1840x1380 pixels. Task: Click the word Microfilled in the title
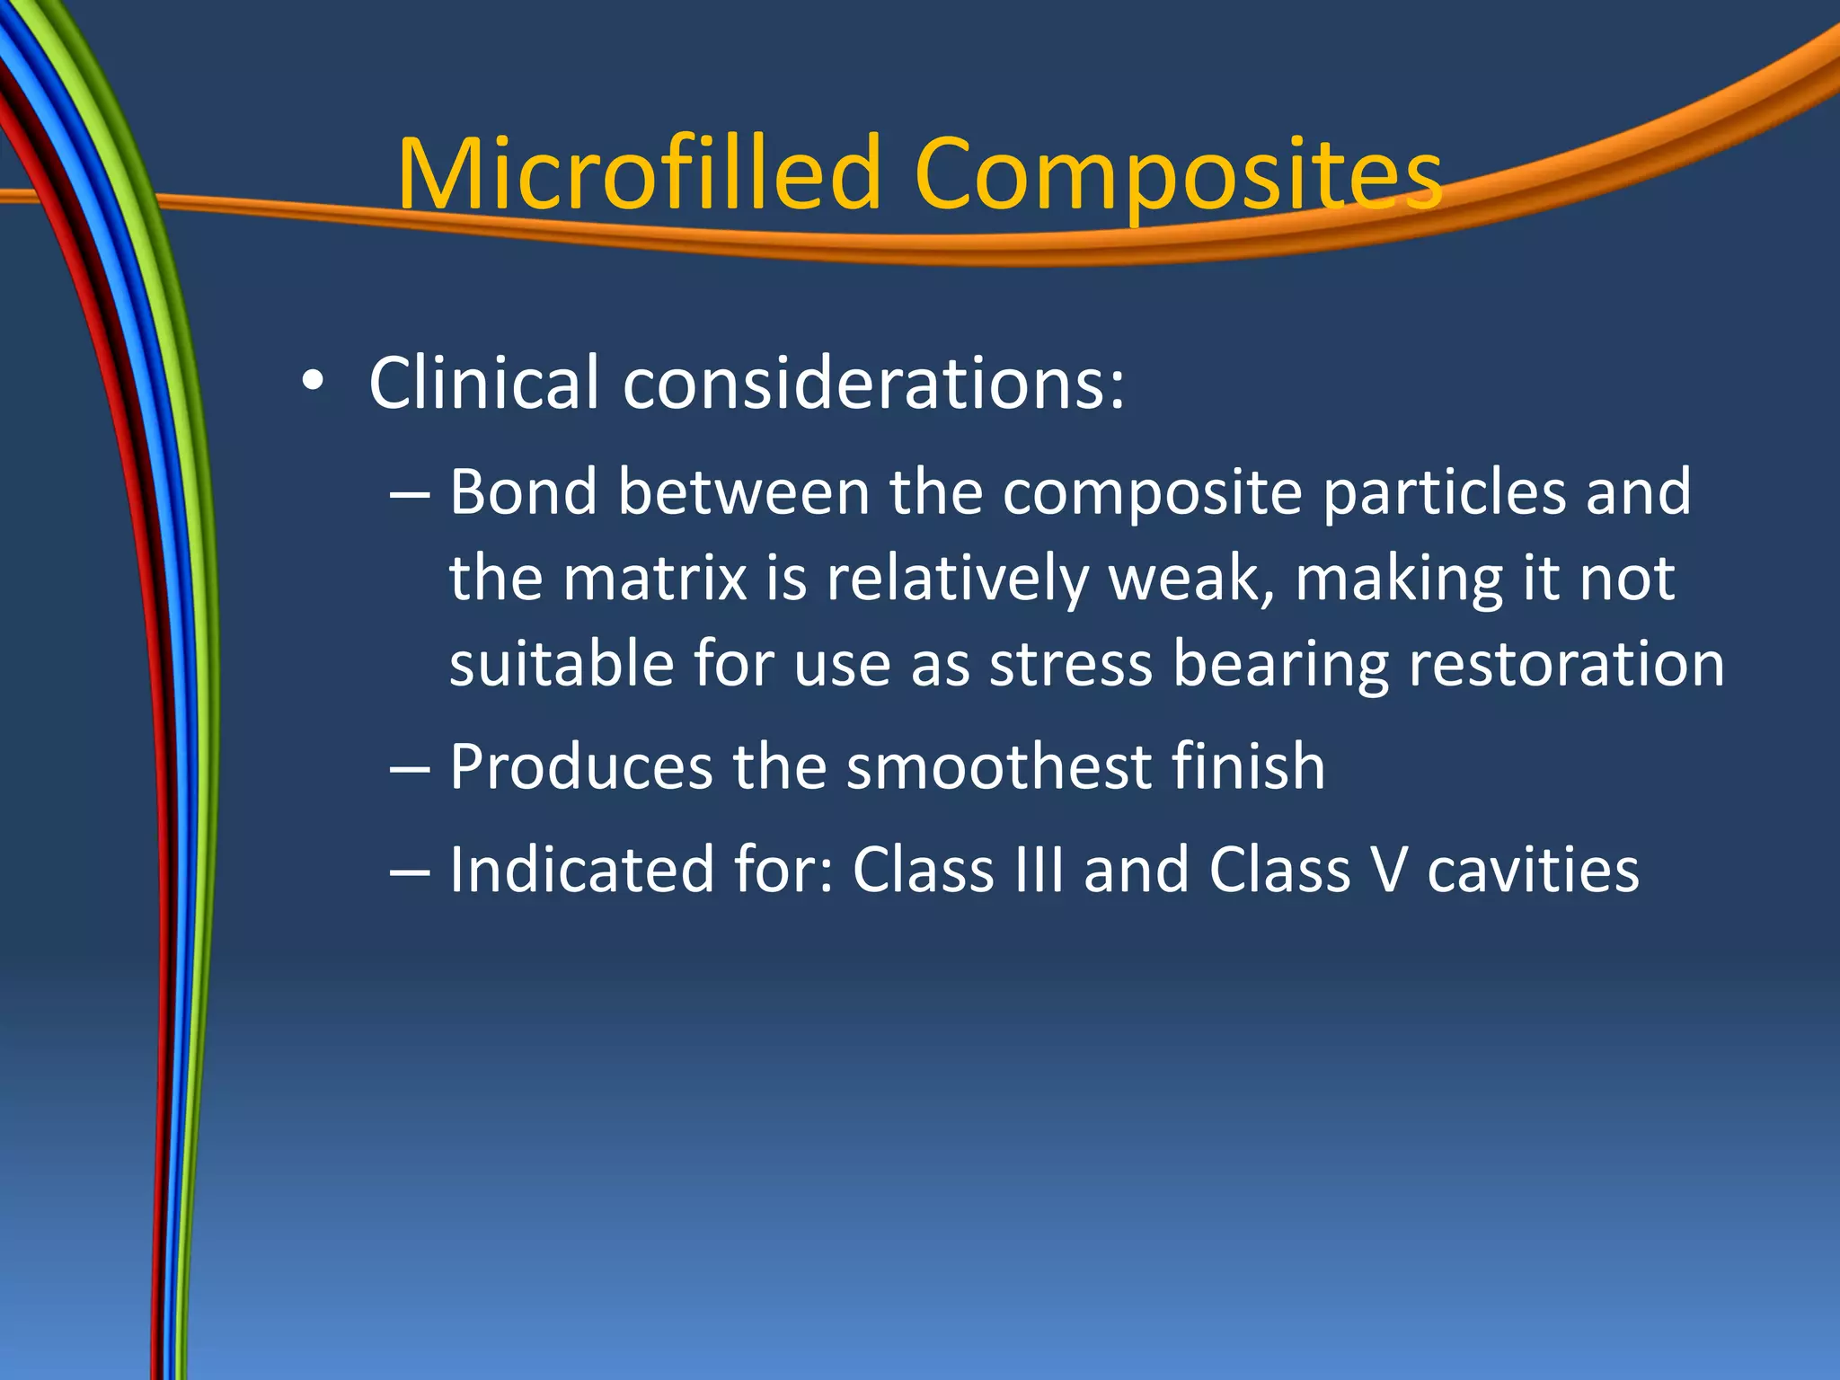click(639, 172)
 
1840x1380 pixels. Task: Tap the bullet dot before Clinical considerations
click(312, 381)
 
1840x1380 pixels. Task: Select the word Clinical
click(483, 383)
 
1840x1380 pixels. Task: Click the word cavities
click(1532, 869)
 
